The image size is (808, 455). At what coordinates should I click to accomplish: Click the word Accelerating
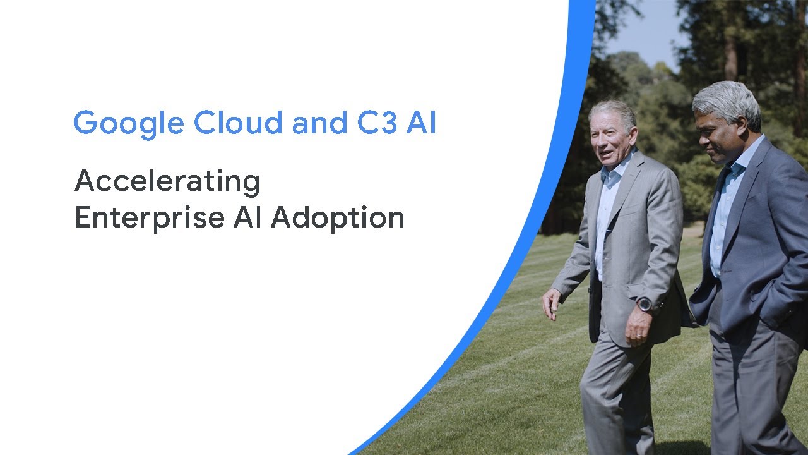click(167, 183)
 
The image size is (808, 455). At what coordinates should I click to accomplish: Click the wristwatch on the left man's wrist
click(645, 305)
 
